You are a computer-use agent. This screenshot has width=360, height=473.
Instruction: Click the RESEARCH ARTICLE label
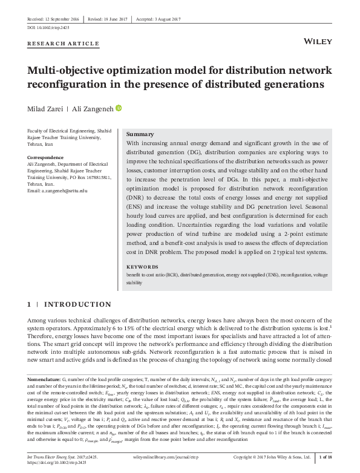tap(64, 44)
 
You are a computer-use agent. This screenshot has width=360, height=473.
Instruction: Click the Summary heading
tap(140, 134)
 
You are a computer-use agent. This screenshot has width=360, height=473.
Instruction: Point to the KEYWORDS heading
tap(143, 266)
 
